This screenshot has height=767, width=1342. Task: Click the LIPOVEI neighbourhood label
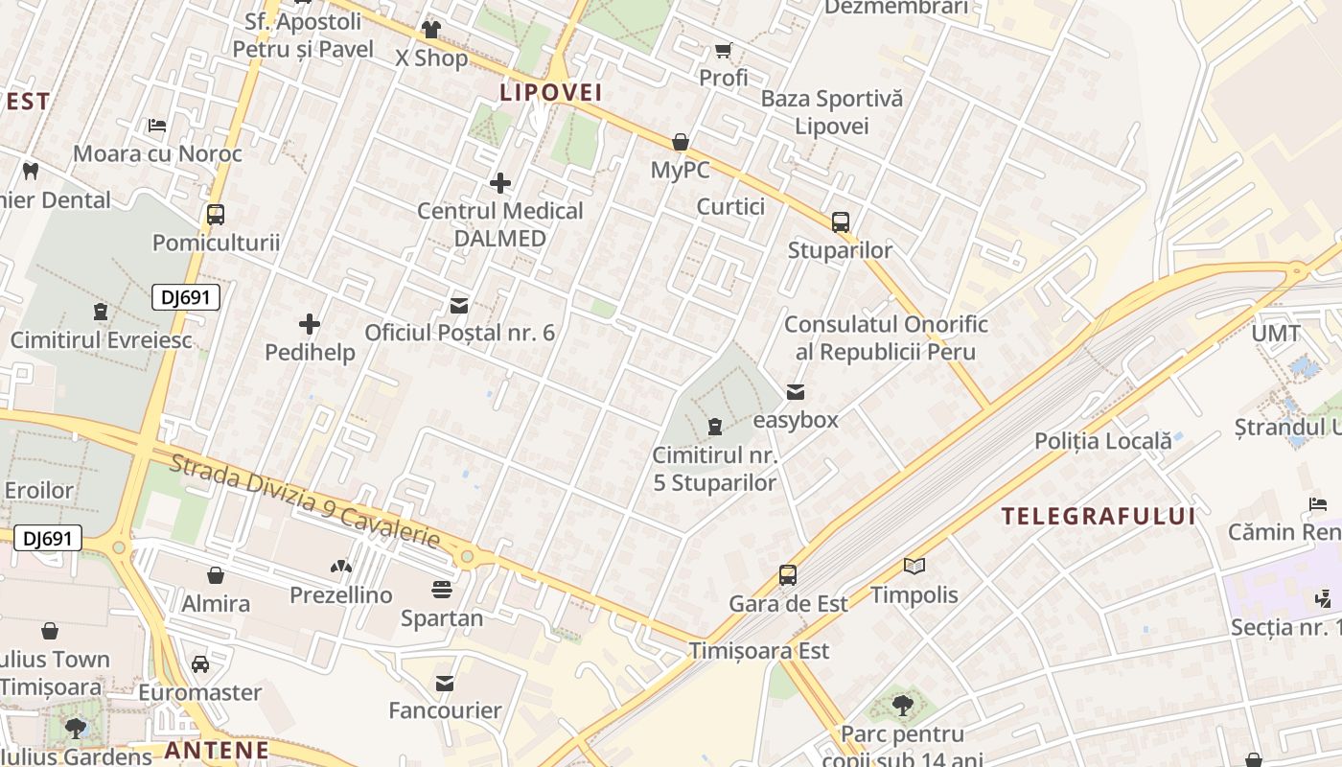click(x=550, y=92)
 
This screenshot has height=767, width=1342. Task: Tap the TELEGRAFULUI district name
click(x=1099, y=516)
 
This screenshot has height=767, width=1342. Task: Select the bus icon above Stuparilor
click(x=841, y=222)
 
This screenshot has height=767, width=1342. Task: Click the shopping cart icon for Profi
click(x=723, y=50)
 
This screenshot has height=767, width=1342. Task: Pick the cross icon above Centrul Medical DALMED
click(x=499, y=182)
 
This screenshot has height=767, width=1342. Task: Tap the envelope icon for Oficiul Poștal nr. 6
click(x=459, y=306)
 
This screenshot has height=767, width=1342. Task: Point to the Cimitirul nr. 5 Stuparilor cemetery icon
click(x=715, y=426)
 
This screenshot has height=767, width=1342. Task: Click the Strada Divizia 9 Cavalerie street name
click(x=305, y=502)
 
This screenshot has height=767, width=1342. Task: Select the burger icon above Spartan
click(x=442, y=589)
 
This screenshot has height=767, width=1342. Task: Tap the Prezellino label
click(x=341, y=595)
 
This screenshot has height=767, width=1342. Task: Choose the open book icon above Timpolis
click(x=914, y=567)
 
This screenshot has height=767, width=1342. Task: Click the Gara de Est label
click(x=789, y=604)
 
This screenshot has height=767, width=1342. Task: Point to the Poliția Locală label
click(x=1102, y=441)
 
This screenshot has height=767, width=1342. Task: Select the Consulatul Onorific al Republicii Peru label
click(x=886, y=338)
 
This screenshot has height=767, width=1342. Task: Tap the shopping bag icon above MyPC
click(x=681, y=143)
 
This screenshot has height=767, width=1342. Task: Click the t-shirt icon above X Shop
click(x=431, y=30)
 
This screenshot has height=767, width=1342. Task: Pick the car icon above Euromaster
click(x=200, y=663)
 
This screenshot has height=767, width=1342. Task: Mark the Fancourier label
click(x=445, y=710)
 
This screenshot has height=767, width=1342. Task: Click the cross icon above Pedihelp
click(x=310, y=324)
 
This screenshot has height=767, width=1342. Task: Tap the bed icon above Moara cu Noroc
click(x=157, y=126)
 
